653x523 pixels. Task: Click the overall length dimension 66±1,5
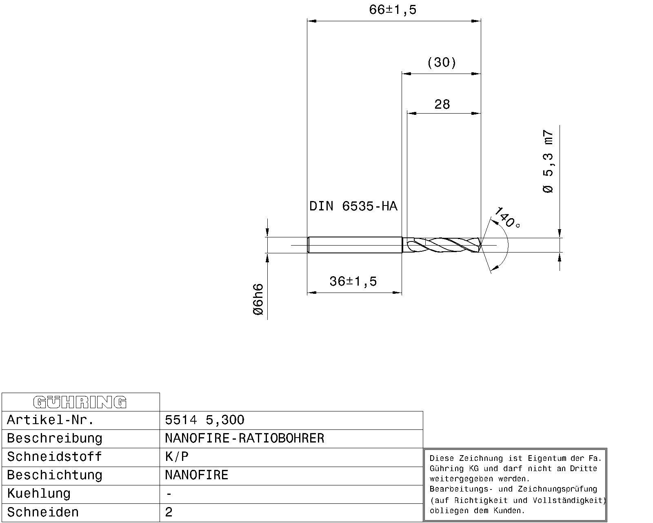point(393,10)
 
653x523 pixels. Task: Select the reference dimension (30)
point(442,63)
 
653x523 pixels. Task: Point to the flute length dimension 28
point(442,105)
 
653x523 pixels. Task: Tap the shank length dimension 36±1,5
point(353,282)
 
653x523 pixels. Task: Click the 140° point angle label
point(507,218)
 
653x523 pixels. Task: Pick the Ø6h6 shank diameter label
point(258,299)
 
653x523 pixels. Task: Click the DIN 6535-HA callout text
point(353,206)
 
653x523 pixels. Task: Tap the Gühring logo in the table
point(80,402)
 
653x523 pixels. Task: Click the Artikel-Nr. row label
point(51,420)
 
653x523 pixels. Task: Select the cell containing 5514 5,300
point(204,420)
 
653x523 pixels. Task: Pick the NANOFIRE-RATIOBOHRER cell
point(244,438)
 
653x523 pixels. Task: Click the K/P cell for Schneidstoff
point(177,457)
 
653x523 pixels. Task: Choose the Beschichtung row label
point(55,475)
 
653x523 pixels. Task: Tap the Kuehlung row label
point(39,494)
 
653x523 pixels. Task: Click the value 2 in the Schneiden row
point(169,512)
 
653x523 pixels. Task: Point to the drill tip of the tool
point(480,245)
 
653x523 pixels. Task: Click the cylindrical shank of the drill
point(354,245)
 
